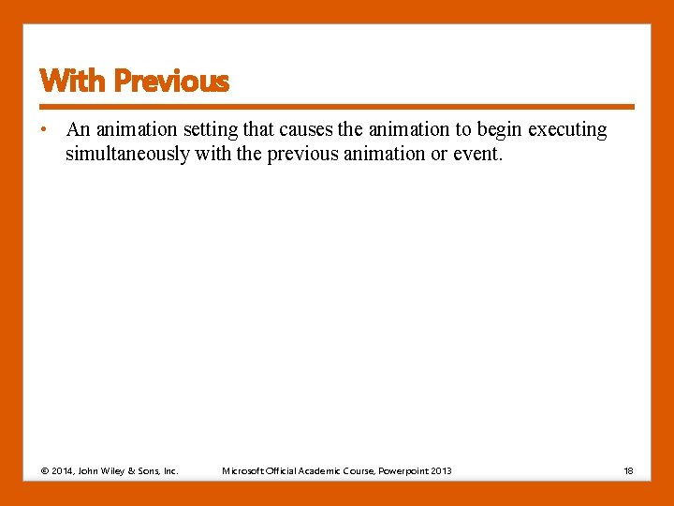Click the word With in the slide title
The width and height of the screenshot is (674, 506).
point(73,82)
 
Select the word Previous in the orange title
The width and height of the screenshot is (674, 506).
point(170,82)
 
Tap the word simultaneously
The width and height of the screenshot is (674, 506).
point(126,154)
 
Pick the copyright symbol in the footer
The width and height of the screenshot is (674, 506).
point(44,470)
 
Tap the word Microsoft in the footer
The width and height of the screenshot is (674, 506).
point(242,470)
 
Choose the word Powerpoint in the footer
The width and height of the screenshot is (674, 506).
point(403,470)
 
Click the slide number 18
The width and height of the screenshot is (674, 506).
point(629,470)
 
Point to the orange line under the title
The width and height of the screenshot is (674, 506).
point(337,107)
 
